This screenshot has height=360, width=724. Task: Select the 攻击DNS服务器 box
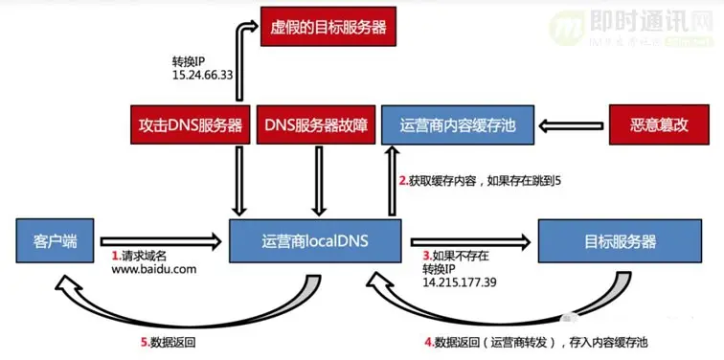click(192, 125)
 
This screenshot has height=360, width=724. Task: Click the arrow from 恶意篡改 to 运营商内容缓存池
click(572, 125)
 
